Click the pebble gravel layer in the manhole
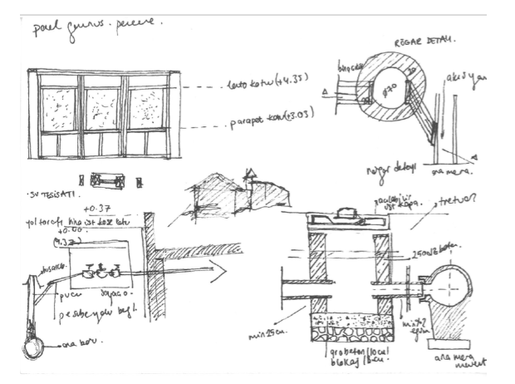pos(348,331)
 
